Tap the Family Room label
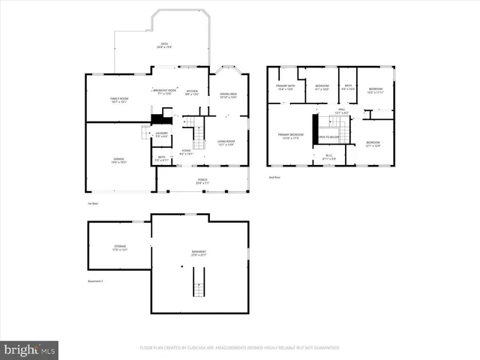pyautogui.click(x=118, y=99)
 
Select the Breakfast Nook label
pyautogui.click(x=166, y=91)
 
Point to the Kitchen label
pyautogui.click(x=192, y=92)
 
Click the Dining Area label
pyautogui.click(x=228, y=95)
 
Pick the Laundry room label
pyautogui.click(x=161, y=134)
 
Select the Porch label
pyautogui.click(x=202, y=181)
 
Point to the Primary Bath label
pyautogui.click(x=285, y=87)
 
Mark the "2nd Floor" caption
pyautogui.click(x=274, y=178)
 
